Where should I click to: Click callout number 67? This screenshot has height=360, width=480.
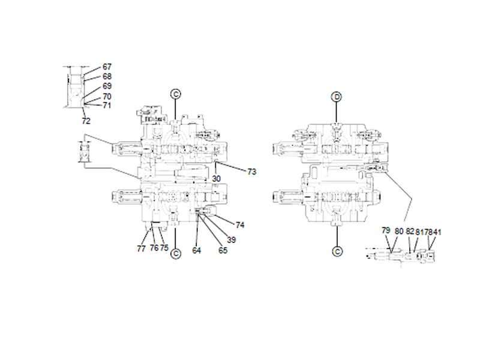point(107,67)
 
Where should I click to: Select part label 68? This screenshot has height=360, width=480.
point(107,76)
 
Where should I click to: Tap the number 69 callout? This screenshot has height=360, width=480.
point(107,86)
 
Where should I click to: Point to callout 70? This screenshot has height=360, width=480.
point(107,96)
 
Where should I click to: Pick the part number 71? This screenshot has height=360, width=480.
point(107,105)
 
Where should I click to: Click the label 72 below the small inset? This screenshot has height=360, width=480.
point(86,121)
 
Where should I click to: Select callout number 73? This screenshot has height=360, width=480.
point(251,172)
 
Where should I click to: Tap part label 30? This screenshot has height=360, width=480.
point(216,178)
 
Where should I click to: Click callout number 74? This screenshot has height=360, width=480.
point(240,225)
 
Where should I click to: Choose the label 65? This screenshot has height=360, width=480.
point(223,250)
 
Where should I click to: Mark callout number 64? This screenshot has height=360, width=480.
point(197,250)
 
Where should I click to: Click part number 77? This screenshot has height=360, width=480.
point(142,247)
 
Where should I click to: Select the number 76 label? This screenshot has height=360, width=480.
point(153,247)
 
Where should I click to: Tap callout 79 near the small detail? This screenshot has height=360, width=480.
point(386,230)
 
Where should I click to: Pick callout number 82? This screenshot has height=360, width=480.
point(410,230)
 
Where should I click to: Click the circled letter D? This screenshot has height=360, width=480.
point(337,97)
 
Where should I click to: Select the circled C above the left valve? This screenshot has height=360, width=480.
point(175,94)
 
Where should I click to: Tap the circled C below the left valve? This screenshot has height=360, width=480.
point(175,253)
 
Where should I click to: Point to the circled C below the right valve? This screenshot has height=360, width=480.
point(337,251)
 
